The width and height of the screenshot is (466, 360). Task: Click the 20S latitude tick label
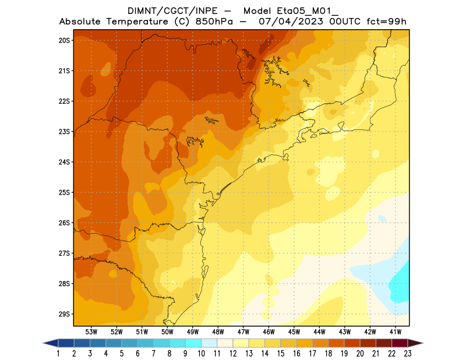(64, 40)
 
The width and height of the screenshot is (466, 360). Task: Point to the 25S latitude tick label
(64, 192)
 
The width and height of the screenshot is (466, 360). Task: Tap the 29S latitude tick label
(64, 314)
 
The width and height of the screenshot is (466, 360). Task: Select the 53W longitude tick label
(91, 331)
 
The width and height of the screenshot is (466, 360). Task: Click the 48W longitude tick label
(218, 331)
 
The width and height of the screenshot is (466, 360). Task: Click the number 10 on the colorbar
(202, 353)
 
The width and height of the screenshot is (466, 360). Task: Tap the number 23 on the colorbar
(408, 353)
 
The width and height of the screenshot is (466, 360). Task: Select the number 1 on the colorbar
(59, 353)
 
